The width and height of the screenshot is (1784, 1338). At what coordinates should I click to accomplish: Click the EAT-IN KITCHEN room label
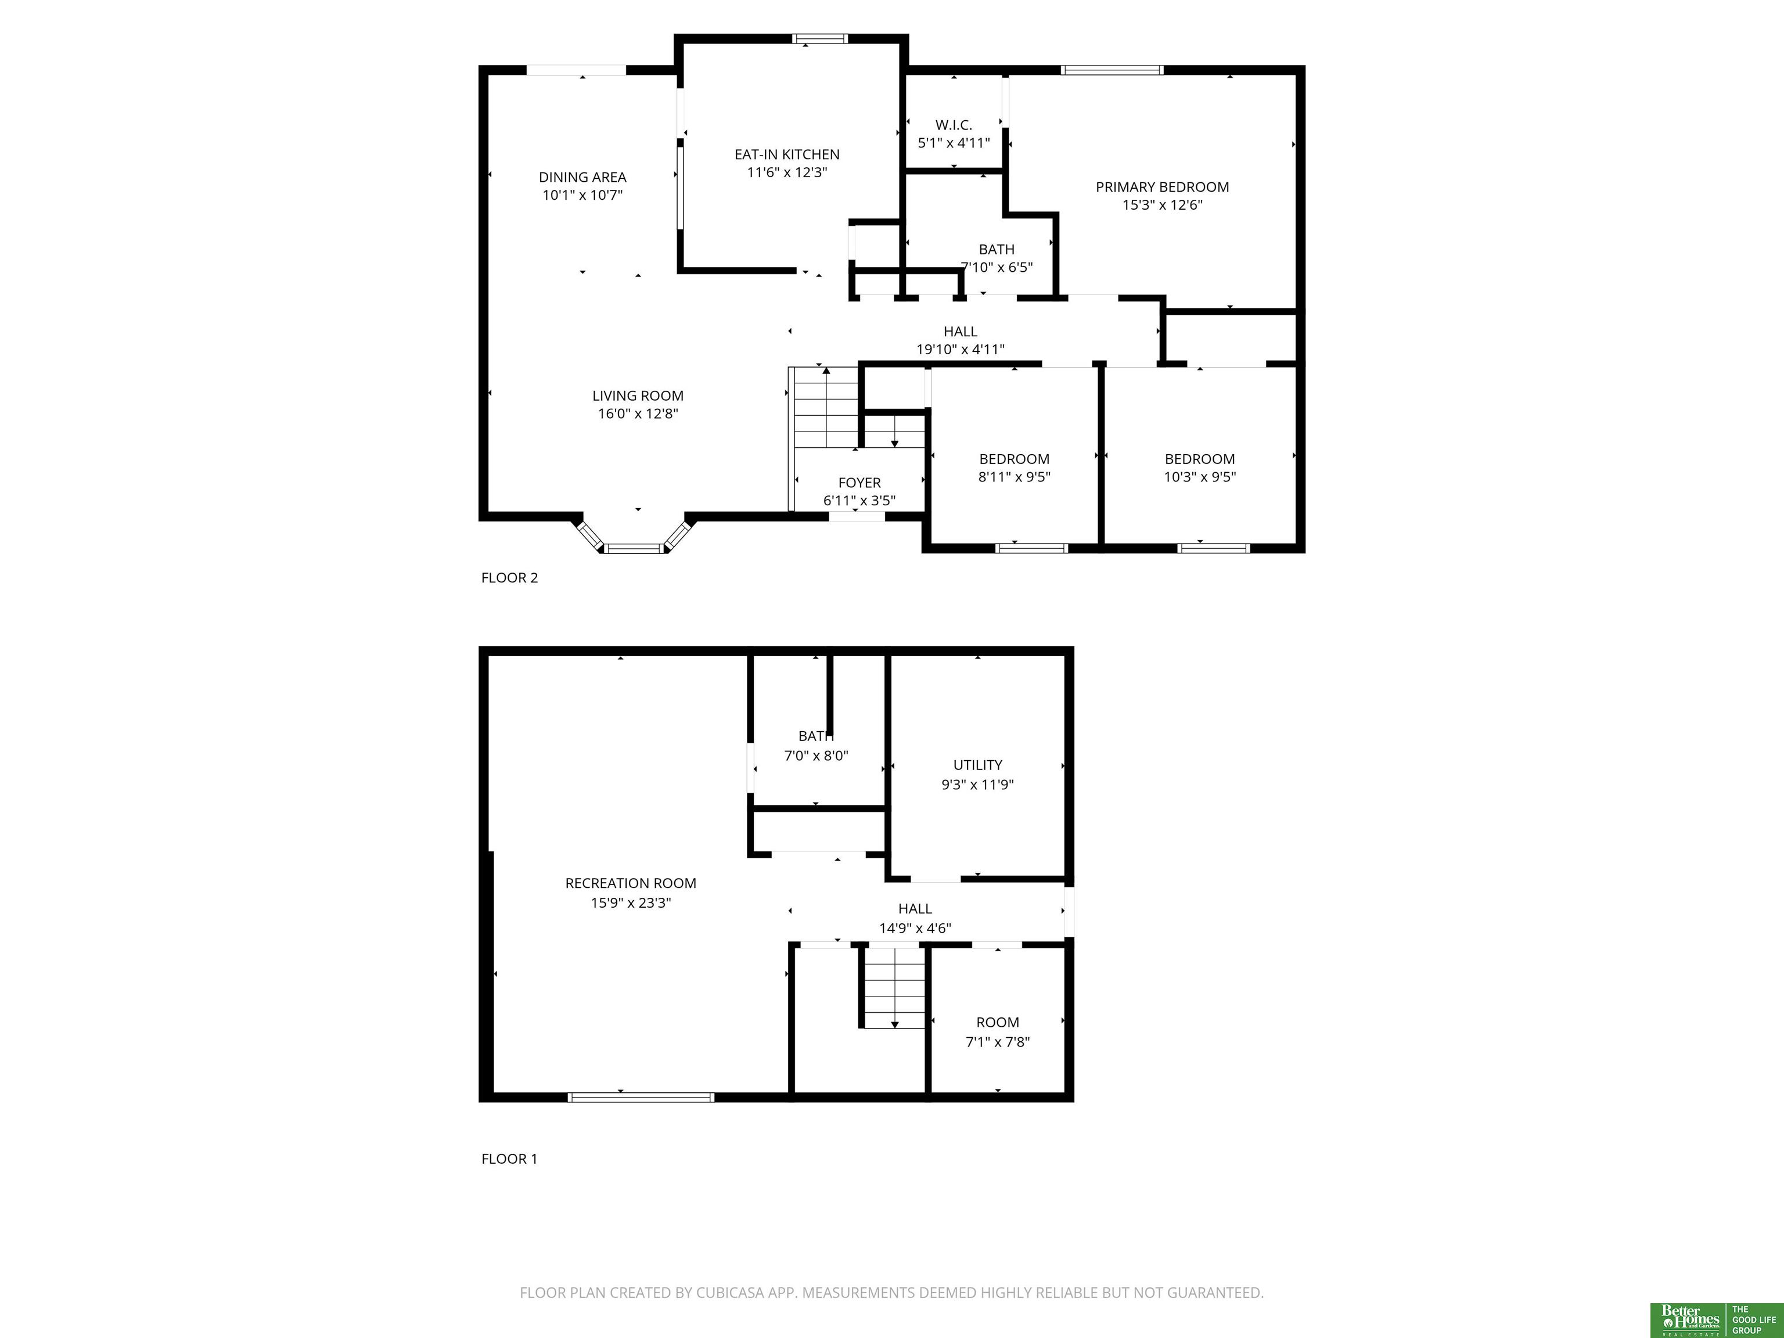click(786, 154)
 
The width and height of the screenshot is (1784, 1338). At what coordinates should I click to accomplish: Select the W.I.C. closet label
click(954, 125)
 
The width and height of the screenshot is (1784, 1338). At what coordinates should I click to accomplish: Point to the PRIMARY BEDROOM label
click(1162, 187)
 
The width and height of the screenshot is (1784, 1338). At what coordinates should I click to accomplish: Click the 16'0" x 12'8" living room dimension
click(638, 413)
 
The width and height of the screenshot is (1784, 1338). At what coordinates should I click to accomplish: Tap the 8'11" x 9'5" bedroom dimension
click(1015, 477)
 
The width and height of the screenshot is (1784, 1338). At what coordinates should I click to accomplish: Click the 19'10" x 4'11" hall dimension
click(960, 349)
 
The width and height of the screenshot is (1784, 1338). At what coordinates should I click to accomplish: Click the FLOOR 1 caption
click(509, 1159)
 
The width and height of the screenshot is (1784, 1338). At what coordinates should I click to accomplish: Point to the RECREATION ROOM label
click(631, 883)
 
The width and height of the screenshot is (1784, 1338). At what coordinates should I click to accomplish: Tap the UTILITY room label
click(977, 765)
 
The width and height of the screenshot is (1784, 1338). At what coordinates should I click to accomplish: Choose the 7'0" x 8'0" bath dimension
click(816, 756)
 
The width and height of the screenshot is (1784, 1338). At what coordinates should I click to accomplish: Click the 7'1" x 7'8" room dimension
click(998, 1042)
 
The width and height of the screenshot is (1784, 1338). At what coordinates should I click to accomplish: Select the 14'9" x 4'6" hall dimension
click(915, 928)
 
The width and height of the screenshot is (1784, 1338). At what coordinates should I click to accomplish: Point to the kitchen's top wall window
click(819, 38)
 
